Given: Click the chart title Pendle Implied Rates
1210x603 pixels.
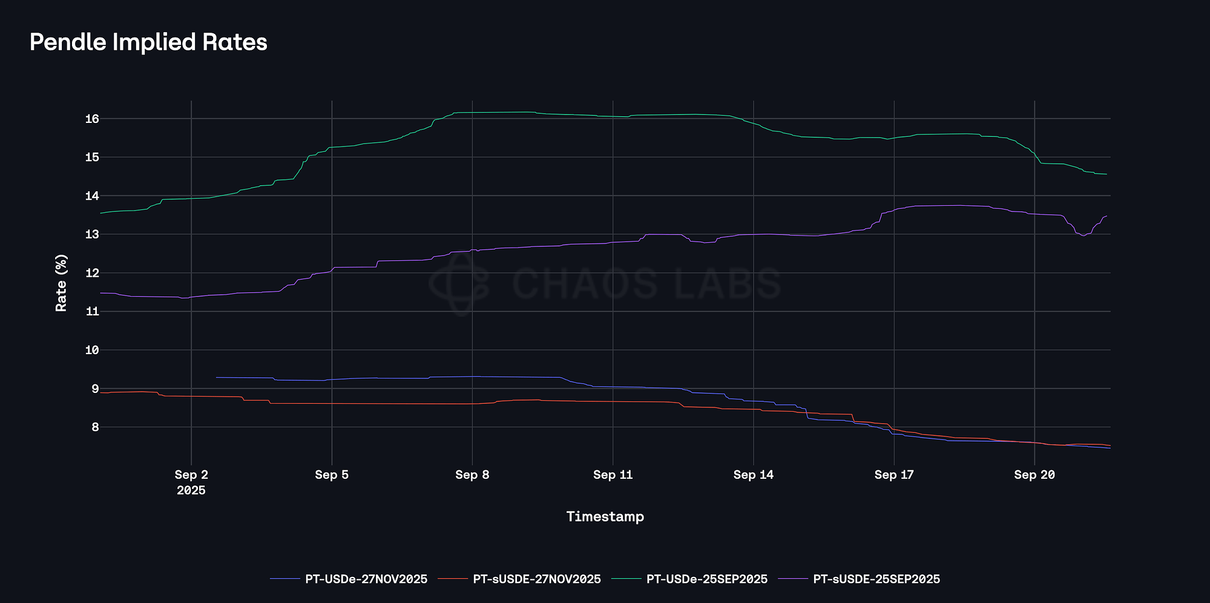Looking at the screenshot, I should [148, 42].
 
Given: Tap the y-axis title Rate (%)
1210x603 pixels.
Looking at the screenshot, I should [61, 283].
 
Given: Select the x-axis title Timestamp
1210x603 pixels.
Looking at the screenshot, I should [605, 516].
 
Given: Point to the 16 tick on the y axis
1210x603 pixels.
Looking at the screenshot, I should [91, 119].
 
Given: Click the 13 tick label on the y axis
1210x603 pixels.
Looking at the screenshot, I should [91, 234].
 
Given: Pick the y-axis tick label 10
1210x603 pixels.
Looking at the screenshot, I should [91, 350].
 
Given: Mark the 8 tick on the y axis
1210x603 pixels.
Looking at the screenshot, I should [95, 427].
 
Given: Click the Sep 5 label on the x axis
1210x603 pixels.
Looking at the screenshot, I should [332, 475].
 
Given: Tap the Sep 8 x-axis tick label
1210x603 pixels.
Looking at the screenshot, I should [472, 475].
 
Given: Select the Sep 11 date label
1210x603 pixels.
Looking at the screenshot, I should [613, 475].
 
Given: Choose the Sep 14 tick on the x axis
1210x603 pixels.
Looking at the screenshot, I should [753, 475].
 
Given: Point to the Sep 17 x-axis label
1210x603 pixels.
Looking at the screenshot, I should [893, 475].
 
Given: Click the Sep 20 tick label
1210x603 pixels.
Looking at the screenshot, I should [1034, 475].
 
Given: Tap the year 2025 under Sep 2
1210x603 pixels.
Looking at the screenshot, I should [191, 490].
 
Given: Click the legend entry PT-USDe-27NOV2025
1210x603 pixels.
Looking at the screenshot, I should [366, 579].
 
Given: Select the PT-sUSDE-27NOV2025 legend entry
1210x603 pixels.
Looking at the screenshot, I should [536, 579].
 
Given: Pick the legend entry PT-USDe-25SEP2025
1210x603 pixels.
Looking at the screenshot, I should [706, 579].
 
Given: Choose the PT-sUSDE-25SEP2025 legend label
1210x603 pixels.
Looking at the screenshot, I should [876, 579].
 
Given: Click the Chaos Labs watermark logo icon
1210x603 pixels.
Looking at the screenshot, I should [459, 283].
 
